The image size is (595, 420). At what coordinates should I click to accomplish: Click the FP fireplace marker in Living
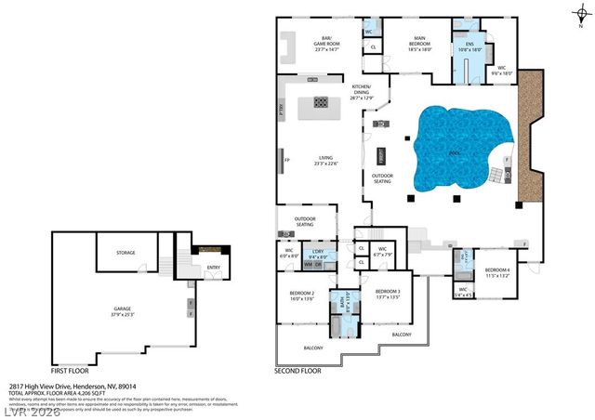click(x=286, y=161)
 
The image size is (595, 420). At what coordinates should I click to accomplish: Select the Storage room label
click(x=126, y=253)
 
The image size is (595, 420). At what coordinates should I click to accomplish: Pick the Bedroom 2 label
click(x=301, y=295)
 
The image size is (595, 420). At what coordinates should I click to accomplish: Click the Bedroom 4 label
click(x=497, y=273)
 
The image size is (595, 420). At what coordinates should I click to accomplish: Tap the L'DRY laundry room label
click(x=317, y=254)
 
